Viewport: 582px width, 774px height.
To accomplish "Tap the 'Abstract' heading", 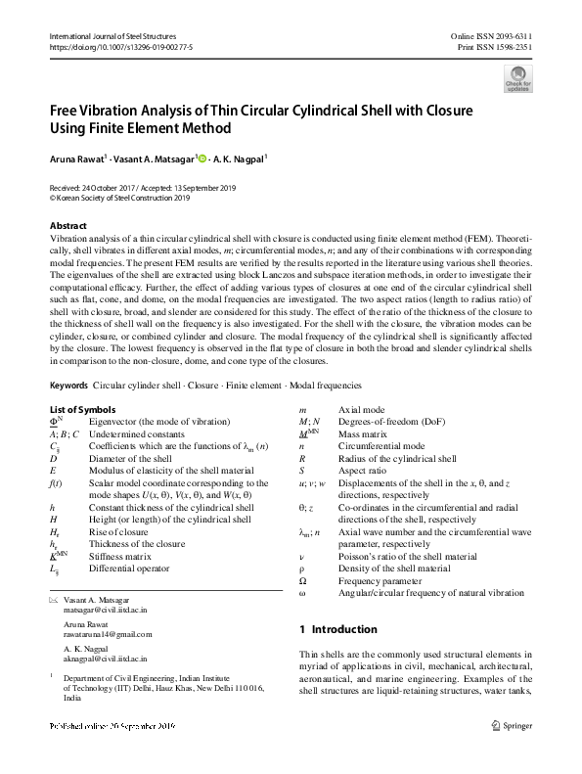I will click(68, 225).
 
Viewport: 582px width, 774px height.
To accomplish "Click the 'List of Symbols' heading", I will click(82, 409).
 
